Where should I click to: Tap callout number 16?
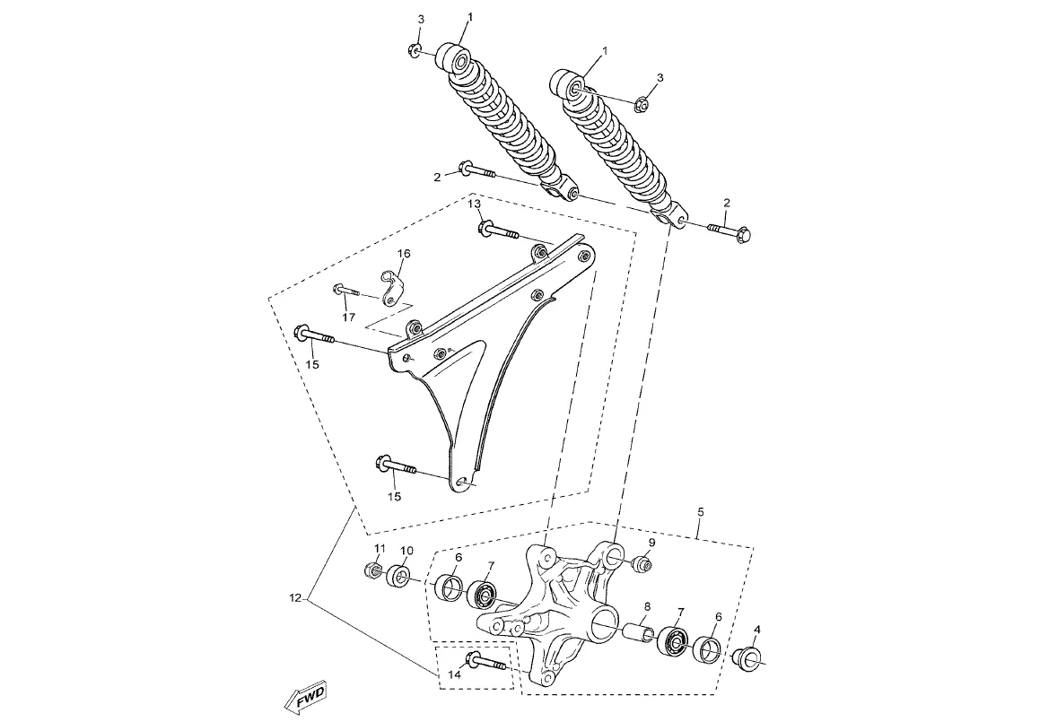tap(403, 253)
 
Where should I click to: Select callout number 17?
tap(348, 318)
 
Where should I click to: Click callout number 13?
tap(475, 204)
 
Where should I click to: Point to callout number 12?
tap(294, 596)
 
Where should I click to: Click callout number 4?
tap(757, 629)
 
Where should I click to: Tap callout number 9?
tap(651, 543)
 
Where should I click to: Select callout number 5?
tap(701, 512)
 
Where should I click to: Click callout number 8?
tap(646, 606)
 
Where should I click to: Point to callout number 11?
tap(380, 548)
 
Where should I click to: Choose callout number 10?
tap(406, 551)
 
